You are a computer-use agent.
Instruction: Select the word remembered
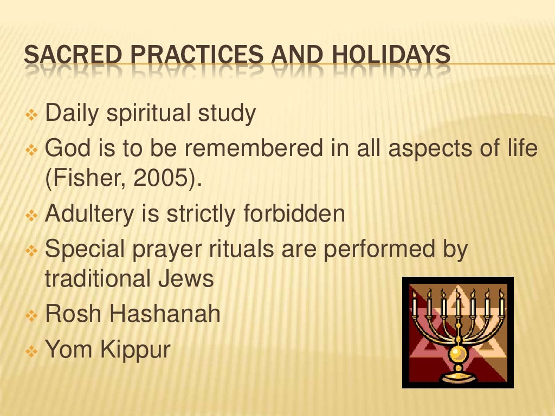pos(247,148)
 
